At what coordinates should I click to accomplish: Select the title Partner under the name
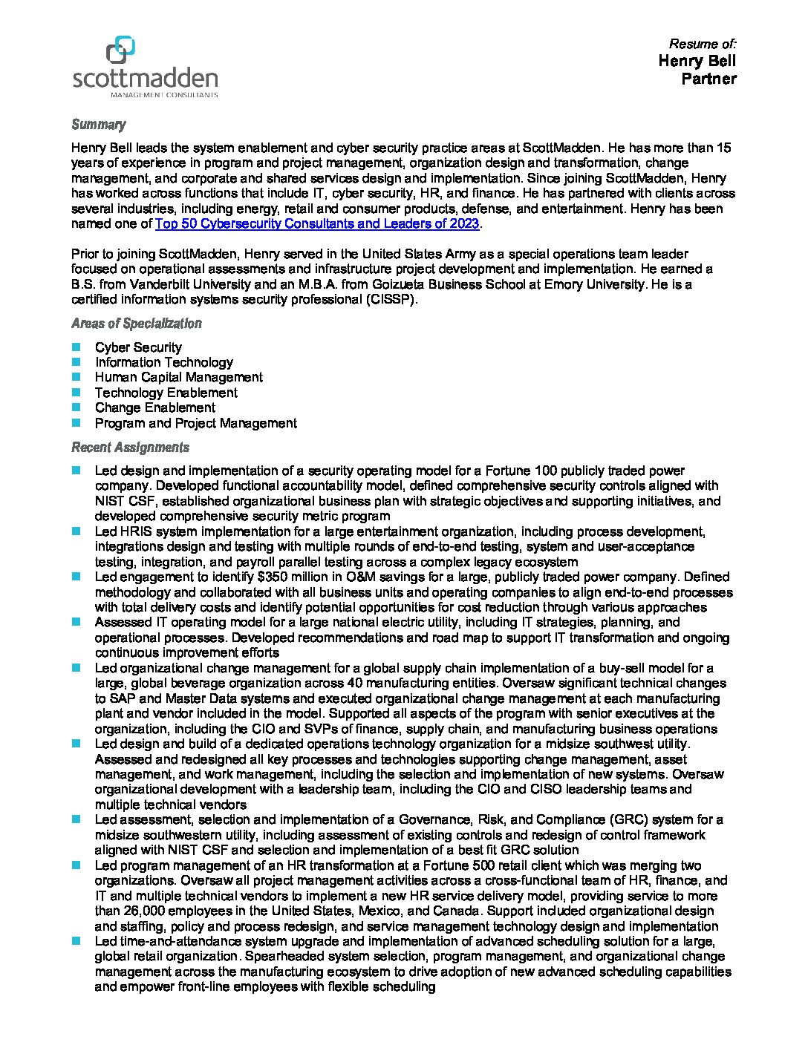(708, 79)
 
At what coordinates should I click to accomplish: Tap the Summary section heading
(98, 125)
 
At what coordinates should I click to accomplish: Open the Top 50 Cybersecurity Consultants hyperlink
(318, 224)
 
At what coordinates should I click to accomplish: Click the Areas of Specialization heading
(137, 324)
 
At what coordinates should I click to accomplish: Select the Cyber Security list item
(138, 347)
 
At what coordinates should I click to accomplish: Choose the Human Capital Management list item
(178, 377)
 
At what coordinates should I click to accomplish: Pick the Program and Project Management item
(195, 423)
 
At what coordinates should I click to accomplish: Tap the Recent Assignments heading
(130, 448)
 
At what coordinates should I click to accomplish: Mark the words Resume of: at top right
(703, 44)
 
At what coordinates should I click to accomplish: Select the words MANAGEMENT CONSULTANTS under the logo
(164, 95)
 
